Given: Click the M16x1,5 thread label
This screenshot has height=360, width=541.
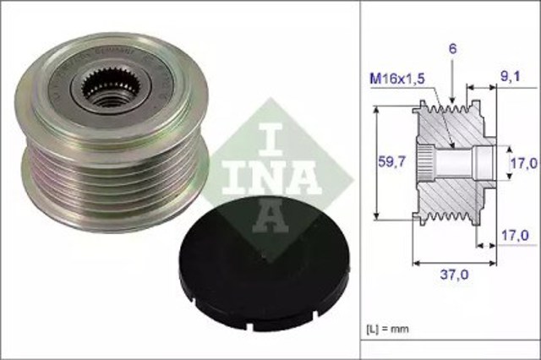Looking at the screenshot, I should coord(396,79).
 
